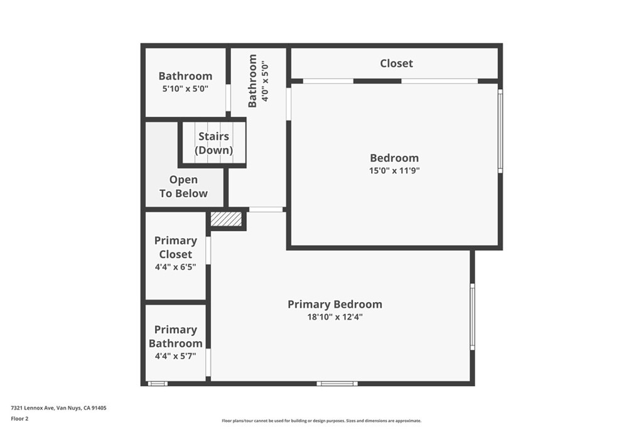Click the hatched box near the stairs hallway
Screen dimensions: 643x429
tap(226, 219)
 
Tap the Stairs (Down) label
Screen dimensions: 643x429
tap(213, 143)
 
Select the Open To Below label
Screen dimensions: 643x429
tap(183, 187)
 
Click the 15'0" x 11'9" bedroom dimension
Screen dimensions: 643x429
tap(394, 171)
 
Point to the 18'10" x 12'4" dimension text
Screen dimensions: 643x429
tap(335, 317)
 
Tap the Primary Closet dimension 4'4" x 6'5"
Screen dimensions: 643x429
tap(176, 267)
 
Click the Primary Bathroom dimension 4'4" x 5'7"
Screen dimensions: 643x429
tap(176, 356)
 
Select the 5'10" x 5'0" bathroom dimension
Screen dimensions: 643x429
tap(185, 89)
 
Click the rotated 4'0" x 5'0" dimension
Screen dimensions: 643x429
tap(265, 82)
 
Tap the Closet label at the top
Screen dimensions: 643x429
tap(397, 63)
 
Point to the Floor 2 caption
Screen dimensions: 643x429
tap(19, 419)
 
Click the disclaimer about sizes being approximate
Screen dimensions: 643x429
tap(321, 421)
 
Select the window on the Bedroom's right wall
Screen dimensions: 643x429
tap(500, 131)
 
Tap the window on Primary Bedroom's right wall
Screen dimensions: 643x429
tap(472, 317)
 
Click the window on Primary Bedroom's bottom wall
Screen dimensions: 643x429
tap(337, 384)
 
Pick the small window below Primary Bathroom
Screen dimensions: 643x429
tap(158, 384)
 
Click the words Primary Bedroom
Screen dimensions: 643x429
tap(335, 304)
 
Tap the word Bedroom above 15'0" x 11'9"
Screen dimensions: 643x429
tap(394, 158)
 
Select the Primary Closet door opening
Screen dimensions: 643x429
tap(208, 250)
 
